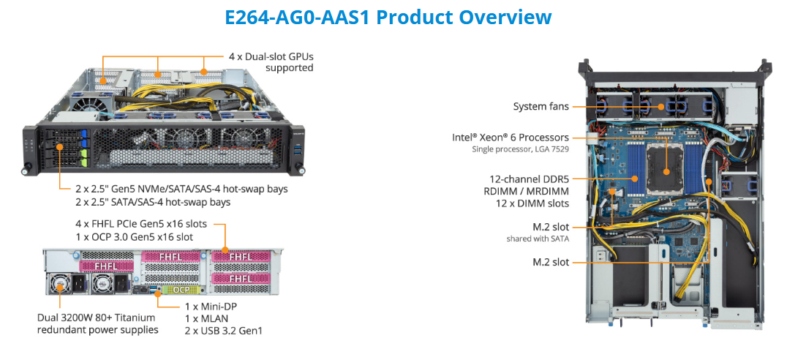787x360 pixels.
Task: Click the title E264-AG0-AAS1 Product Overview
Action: click(x=388, y=17)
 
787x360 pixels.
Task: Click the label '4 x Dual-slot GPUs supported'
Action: click(x=271, y=62)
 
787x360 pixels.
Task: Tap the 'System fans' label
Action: click(x=541, y=107)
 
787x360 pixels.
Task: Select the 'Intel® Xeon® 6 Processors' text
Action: click(x=511, y=137)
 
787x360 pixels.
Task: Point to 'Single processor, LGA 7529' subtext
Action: click(x=521, y=149)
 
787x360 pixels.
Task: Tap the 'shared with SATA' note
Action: click(x=538, y=239)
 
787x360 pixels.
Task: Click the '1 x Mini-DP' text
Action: click(x=211, y=305)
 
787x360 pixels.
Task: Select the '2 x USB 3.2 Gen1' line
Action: click(x=224, y=331)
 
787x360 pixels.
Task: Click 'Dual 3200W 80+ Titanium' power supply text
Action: click(x=98, y=318)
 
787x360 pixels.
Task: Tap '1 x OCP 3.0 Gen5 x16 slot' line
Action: click(x=134, y=236)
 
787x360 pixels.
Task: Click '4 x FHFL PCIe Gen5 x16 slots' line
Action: click(x=140, y=223)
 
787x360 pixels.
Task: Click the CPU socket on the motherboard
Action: click(x=667, y=172)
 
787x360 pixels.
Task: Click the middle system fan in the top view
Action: click(x=660, y=106)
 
